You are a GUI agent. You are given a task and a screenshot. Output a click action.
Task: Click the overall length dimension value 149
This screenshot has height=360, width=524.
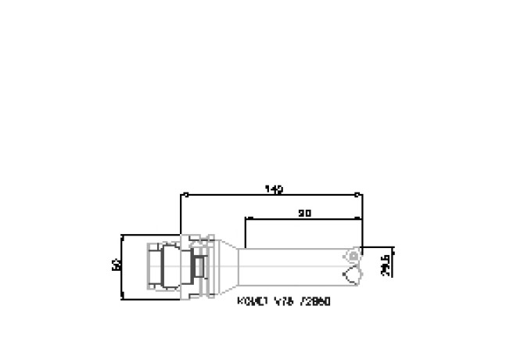(274, 189)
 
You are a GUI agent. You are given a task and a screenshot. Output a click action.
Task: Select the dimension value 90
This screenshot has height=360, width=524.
(305, 213)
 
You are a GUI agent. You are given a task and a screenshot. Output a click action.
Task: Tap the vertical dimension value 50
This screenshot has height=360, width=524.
(117, 265)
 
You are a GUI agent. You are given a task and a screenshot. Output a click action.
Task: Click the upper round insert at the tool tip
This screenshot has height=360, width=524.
(354, 254)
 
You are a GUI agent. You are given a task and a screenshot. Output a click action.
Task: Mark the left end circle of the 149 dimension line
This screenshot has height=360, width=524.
(181, 195)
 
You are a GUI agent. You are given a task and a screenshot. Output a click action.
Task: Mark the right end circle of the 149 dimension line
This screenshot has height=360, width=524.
(357, 195)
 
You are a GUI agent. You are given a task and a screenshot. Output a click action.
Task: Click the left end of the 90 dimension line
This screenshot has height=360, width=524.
(246, 218)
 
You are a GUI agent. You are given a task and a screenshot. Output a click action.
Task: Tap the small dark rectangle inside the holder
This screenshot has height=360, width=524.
(200, 266)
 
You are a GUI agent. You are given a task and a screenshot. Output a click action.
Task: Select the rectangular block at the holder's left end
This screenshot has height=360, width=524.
(154, 266)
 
